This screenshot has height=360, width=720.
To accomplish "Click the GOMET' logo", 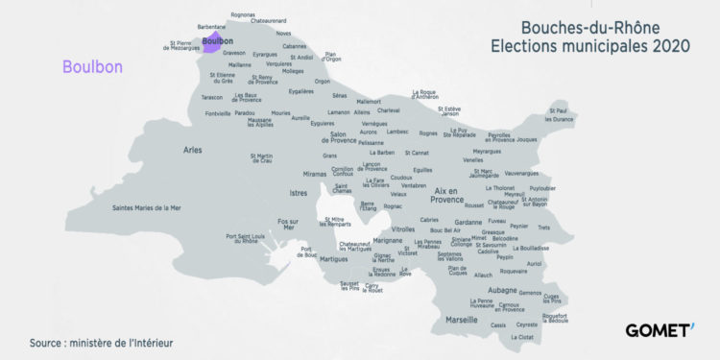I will click(660, 329).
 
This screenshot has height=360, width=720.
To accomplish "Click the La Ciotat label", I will click(523, 337).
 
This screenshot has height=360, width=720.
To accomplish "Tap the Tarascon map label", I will click(212, 97).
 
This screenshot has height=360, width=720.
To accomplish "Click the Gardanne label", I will click(468, 223).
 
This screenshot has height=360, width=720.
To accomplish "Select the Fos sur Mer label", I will click(287, 227).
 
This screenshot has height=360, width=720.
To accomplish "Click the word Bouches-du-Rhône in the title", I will click(590, 27).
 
